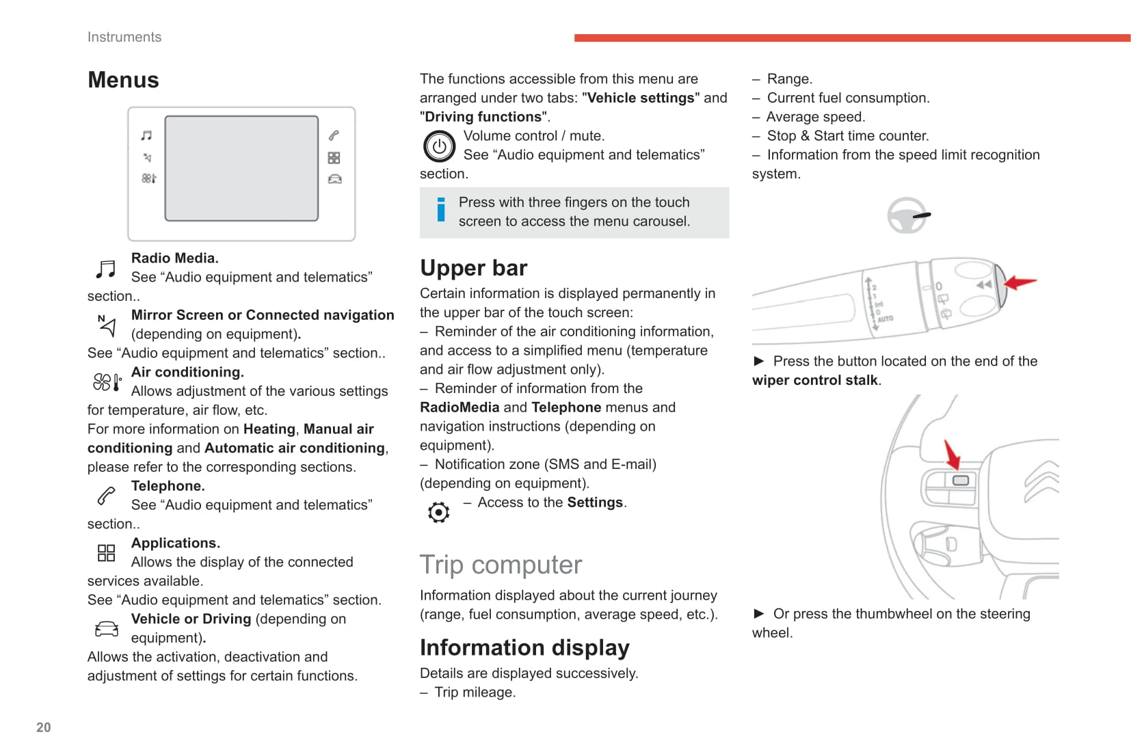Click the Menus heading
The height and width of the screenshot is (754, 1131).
click(x=123, y=80)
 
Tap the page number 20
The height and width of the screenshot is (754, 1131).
click(x=43, y=727)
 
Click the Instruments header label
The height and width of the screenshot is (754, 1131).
click(x=124, y=37)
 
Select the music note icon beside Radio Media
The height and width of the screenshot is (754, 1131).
click(x=105, y=269)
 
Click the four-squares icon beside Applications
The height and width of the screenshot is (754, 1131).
click(x=106, y=552)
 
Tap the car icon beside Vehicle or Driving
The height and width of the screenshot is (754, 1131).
click(x=106, y=629)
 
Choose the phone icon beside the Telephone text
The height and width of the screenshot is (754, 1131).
click(x=106, y=496)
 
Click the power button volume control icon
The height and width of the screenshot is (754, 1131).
click(x=439, y=146)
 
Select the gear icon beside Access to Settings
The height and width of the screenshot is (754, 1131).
click(x=438, y=512)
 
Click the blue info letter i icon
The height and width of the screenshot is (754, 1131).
click(x=441, y=210)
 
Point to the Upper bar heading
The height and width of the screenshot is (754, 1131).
click(x=473, y=268)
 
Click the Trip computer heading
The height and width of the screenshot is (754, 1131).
click(x=501, y=565)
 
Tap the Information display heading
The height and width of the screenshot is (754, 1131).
click(x=524, y=647)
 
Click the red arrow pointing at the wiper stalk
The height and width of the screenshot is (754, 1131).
click(x=1021, y=282)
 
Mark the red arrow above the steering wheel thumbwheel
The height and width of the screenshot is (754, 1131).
click(x=952, y=454)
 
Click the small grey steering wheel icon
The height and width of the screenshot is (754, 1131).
click(x=907, y=215)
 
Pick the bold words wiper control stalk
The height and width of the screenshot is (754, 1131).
click(x=814, y=380)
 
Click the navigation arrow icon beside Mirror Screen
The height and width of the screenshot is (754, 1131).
click(x=106, y=325)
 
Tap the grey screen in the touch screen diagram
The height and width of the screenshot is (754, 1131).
click(x=241, y=168)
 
